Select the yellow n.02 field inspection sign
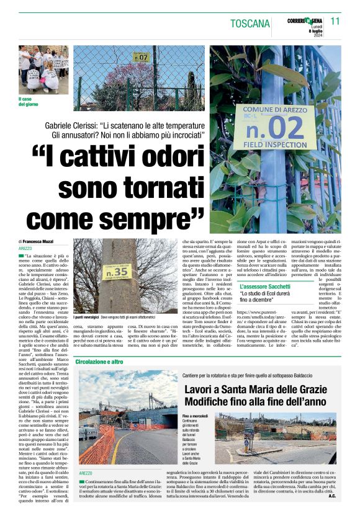[271, 127]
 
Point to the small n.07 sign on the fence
[142, 58]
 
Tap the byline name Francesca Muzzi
[39, 241]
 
